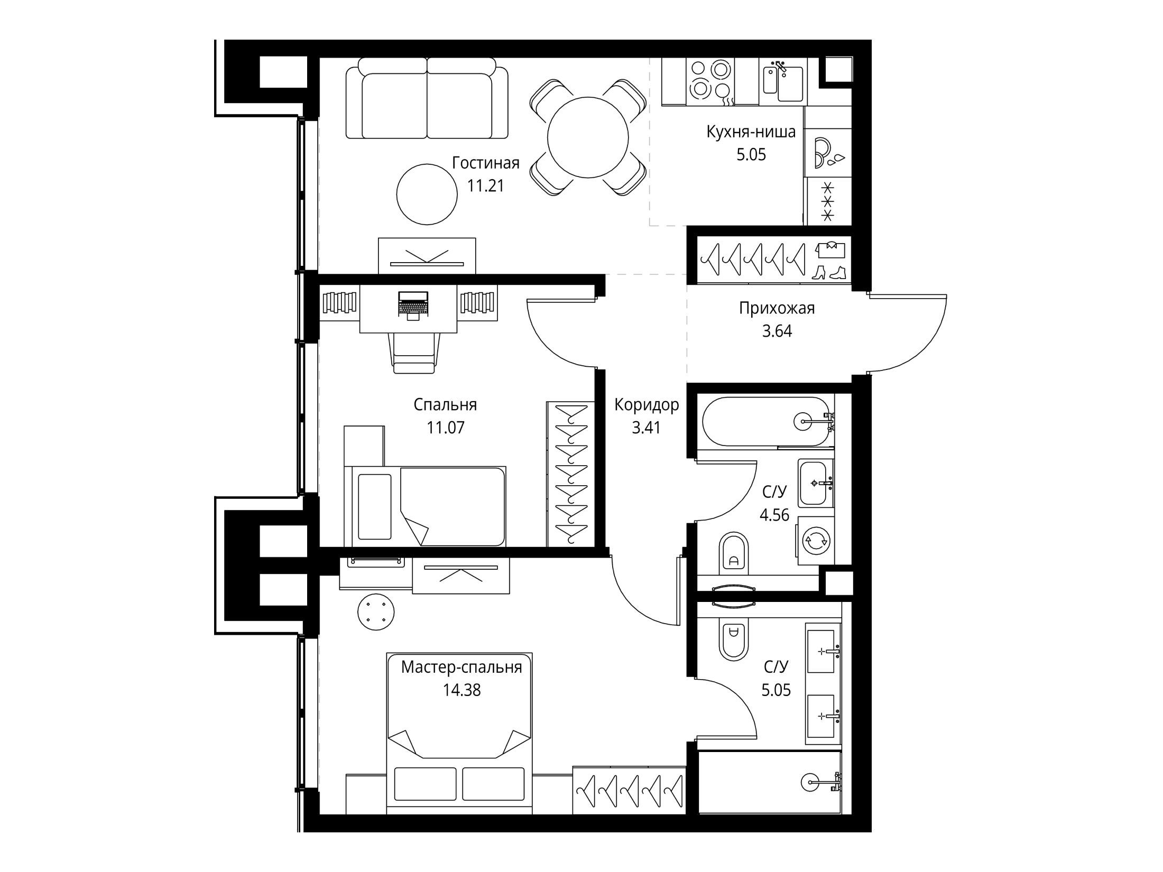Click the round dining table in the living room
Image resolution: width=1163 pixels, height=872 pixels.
(x=587, y=138)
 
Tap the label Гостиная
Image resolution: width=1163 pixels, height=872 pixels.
(x=485, y=163)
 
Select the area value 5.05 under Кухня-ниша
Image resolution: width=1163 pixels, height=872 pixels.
(x=751, y=155)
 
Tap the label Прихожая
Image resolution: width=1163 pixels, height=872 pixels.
(x=777, y=308)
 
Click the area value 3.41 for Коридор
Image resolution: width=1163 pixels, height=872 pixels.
(x=646, y=427)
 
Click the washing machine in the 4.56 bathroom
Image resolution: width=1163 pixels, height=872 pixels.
(x=816, y=541)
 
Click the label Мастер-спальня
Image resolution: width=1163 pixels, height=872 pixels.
(x=461, y=667)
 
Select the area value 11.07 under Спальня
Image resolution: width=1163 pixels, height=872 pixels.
(x=446, y=427)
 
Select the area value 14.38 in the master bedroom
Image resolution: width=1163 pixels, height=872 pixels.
(x=462, y=690)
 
